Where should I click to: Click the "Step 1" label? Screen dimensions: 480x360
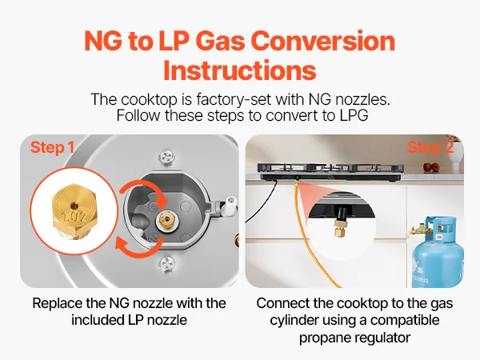[52, 147]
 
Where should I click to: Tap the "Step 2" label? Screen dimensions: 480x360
[430, 147]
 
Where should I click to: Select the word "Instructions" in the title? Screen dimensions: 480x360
[240, 70]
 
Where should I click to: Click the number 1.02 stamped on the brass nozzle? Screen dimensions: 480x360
[74, 216]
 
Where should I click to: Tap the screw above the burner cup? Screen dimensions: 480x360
[167, 157]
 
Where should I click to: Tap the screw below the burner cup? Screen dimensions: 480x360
[167, 263]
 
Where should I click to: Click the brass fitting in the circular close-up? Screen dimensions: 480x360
[339, 227]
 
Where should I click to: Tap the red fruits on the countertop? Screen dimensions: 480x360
[432, 168]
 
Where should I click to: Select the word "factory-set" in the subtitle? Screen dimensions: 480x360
[234, 99]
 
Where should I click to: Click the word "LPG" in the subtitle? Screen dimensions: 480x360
[354, 116]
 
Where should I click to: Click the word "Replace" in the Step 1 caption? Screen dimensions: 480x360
[58, 304]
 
